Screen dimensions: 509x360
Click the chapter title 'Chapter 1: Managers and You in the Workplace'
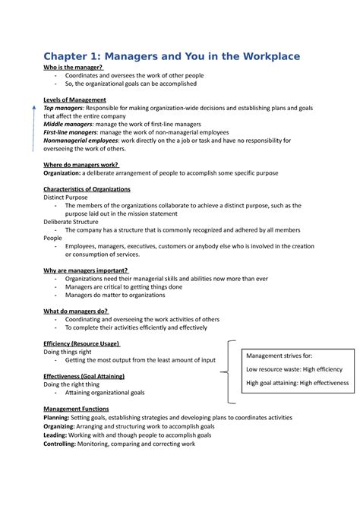(172, 56)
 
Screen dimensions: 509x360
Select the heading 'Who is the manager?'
(74, 68)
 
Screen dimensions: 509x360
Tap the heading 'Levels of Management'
(74, 100)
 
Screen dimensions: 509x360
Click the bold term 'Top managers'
(64, 108)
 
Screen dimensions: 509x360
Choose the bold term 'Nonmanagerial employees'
(81, 141)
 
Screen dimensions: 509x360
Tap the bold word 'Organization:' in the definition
(67, 172)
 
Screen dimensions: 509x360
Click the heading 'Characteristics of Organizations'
(87, 188)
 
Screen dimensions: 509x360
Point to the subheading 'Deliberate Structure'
(71, 222)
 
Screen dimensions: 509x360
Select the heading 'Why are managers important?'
(86, 270)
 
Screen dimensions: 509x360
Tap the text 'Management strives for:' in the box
(279, 355)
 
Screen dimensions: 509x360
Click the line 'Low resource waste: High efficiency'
(294, 368)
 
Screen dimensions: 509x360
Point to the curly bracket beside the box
(230, 370)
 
